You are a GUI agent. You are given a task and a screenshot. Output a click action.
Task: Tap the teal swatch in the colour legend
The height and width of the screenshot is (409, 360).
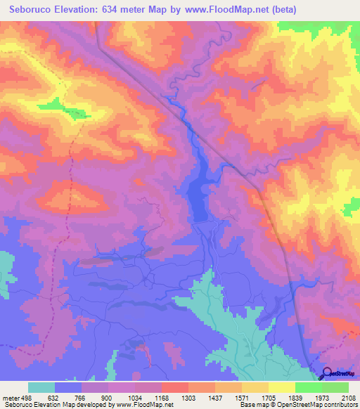point(41,387)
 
